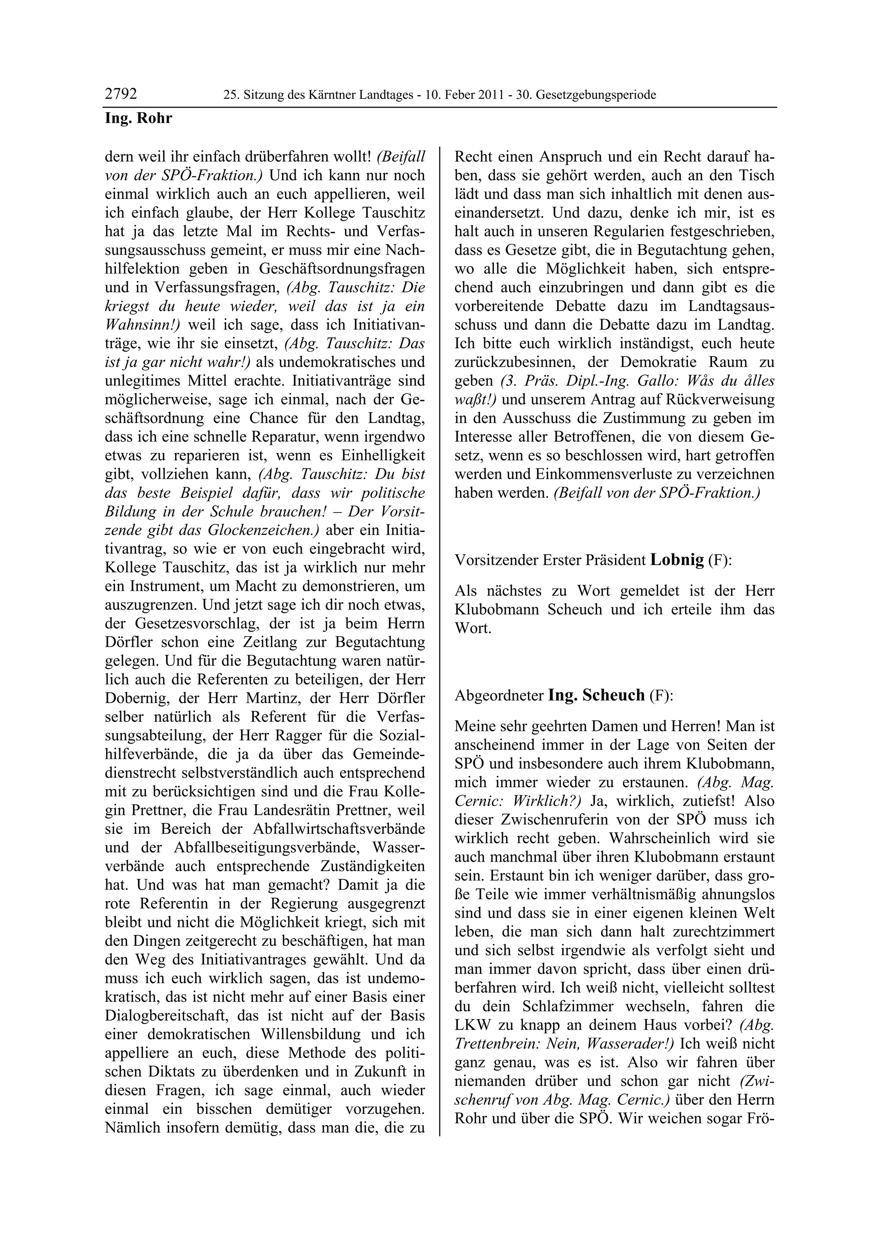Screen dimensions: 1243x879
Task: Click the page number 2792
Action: click(x=121, y=94)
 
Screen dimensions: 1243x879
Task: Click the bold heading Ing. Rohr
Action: click(x=138, y=118)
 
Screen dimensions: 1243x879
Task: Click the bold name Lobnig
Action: click(x=676, y=560)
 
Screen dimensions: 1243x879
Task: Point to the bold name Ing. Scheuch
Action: click(x=596, y=695)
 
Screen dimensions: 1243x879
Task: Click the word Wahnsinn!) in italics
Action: click(x=142, y=324)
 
